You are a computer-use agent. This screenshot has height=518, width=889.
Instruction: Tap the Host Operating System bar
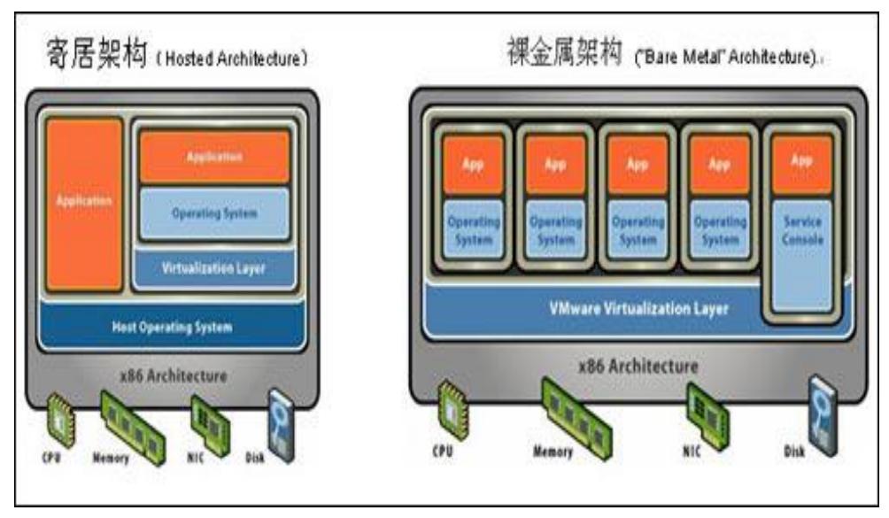pos(172,327)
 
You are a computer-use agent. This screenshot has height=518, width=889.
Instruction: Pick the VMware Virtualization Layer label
pos(638,309)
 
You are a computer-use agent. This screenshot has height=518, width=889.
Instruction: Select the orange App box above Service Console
pos(801,163)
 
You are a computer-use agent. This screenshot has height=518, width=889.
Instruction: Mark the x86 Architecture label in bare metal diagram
pos(638,366)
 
